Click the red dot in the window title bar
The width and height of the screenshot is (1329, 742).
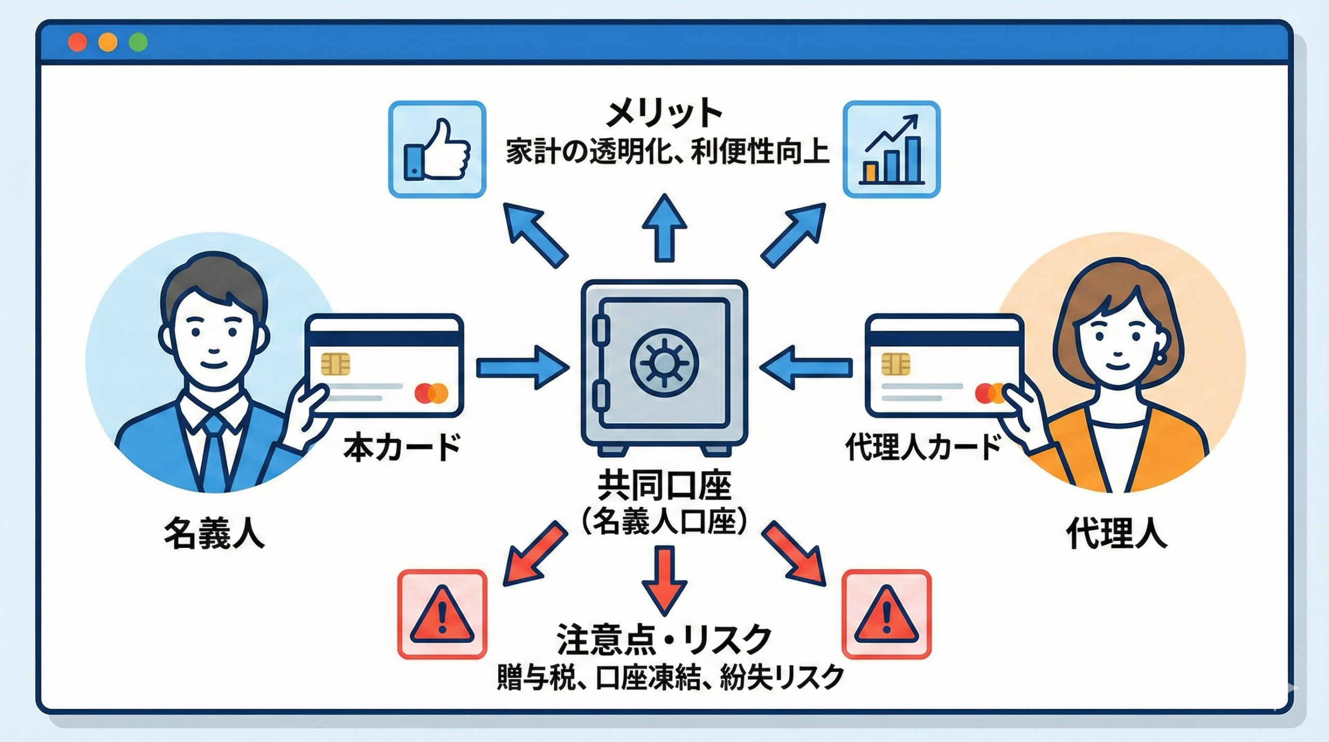pos(77,42)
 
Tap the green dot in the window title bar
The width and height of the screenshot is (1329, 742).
pos(138,42)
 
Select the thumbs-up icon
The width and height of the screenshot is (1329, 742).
pos(437,150)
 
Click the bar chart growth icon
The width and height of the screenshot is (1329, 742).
pos(891,150)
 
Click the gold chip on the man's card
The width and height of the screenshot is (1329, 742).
pos(335,364)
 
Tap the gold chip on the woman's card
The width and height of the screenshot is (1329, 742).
pos(896,364)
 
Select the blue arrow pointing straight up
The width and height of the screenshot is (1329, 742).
pos(664,228)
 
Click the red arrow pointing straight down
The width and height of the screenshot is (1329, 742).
pos(664,579)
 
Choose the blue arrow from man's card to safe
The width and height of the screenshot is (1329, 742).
pos(522,368)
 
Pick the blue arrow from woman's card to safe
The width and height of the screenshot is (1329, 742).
pos(806,368)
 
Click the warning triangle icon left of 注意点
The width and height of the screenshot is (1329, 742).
pos(442,614)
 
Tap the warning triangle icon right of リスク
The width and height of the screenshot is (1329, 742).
pos(886,614)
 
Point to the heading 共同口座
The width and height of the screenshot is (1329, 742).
pos(664,486)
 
